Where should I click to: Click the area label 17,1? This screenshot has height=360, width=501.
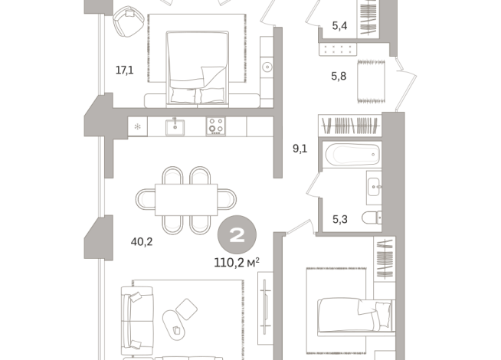point(123,70)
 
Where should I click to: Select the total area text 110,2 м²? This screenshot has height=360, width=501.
point(237,262)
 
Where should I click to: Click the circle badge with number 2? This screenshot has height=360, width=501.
point(237,236)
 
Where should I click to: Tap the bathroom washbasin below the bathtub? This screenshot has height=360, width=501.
point(373,186)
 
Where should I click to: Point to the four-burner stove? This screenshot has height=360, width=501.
point(215,126)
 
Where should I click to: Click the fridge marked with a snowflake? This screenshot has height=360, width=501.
point(138,126)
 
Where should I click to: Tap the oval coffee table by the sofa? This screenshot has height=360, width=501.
point(187,309)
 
